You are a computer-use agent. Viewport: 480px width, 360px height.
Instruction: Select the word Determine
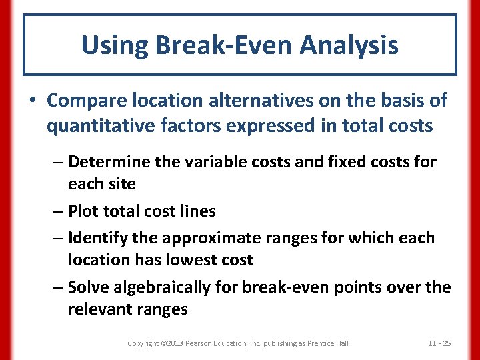click(x=110, y=161)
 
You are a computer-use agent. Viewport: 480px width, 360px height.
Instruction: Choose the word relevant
click(x=100, y=309)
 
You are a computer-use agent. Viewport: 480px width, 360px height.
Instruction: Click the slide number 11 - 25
click(x=439, y=343)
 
